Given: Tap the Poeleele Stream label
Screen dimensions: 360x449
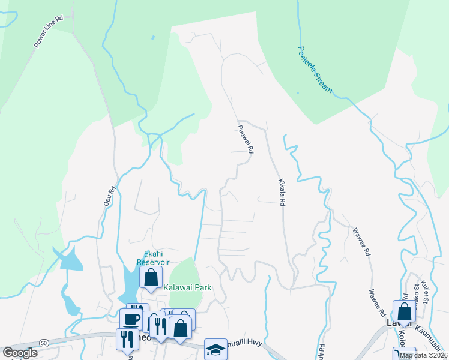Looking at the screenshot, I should (x=315, y=70).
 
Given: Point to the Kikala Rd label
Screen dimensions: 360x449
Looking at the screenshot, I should (x=280, y=191).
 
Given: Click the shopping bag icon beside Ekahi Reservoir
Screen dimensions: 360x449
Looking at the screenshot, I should (x=151, y=277).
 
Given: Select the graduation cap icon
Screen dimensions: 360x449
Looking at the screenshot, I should (x=215, y=350).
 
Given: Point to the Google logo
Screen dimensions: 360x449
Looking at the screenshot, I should (x=20, y=353).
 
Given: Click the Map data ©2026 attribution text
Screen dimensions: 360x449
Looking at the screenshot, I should (x=424, y=355).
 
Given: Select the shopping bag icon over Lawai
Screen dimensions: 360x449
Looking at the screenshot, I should (x=404, y=311).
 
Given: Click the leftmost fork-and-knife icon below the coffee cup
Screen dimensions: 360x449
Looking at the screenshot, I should (x=127, y=339).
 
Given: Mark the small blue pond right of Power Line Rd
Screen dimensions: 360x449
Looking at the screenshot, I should (x=153, y=38).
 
